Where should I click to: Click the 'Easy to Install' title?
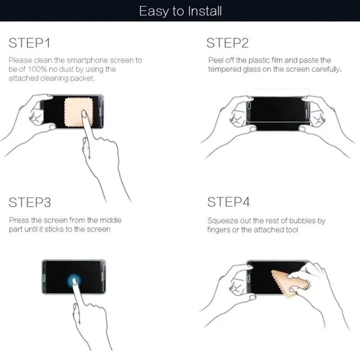click(x=180, y=11)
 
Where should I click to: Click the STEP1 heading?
click(x=30, y=43)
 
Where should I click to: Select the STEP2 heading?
click(x=228, y=43)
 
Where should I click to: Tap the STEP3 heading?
click(x=30, y=202)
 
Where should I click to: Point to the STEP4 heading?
click(x=228, y=202)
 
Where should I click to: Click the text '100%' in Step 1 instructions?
click(x=36, y=69)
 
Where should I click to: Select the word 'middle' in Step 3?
click(x=110, y=220)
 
